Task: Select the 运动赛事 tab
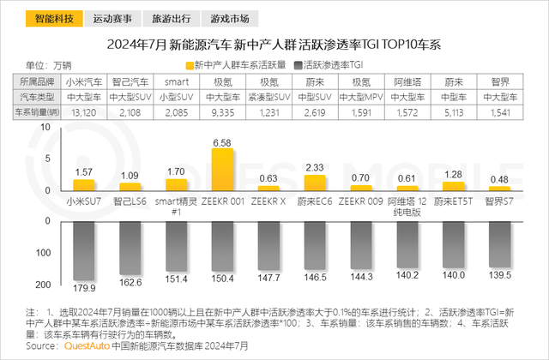tap(112, 17)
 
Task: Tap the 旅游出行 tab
tap(172, 17)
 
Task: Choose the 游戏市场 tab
tap(232, 17)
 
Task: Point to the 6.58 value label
tap(223, 141)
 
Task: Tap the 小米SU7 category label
tap(85, 202)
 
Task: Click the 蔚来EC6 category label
tap(315, 202)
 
